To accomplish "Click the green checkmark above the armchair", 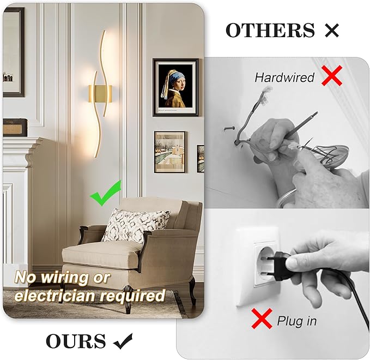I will pos(105,195).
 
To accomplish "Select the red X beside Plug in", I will pos(262,319).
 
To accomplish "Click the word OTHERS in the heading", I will pos(270,31).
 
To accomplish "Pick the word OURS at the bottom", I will pos(76,341).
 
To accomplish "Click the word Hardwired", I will pos(284,77).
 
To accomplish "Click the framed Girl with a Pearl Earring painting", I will pos(175,87).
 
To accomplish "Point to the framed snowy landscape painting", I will pos(169,152).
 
